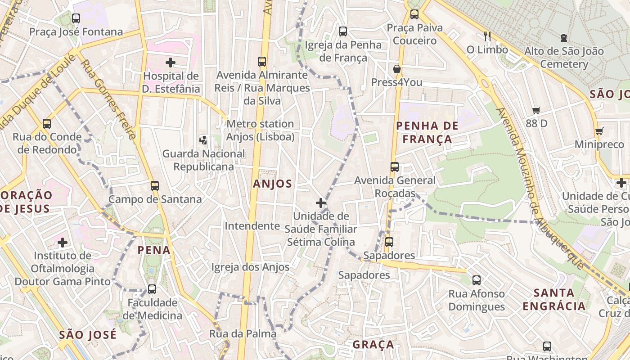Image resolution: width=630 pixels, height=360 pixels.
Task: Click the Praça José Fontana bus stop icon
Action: [x=76, y=18]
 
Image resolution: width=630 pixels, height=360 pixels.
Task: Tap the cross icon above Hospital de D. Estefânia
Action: [x=171, y=63]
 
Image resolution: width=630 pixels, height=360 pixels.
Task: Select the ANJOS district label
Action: [x=272, y=184]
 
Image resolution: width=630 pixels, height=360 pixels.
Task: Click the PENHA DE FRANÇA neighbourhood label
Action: [x=427, y=132]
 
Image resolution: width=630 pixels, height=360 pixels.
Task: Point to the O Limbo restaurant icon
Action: [x=487, y=36]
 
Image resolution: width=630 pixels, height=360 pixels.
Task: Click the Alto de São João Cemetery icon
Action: [x=564, y=38]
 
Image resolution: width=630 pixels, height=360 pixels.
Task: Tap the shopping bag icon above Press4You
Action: [x=396, y=69]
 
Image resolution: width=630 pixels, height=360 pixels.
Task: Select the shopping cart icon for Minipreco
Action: [x=599, y=131]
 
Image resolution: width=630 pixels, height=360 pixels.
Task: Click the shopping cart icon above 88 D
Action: [x=536, y=110]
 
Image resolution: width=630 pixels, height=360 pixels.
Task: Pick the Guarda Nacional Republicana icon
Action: [x=203, y=140]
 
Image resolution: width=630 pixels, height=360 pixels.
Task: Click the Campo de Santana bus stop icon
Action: [x=155, y=185]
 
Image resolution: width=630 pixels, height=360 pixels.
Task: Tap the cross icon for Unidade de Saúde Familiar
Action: [x=320, y=203]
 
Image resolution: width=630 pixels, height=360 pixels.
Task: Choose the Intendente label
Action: [x=252, y=226]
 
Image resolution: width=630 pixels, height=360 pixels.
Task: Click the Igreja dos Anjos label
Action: [x=250, y=267]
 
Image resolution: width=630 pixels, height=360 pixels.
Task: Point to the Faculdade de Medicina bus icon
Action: [x=152, y=289]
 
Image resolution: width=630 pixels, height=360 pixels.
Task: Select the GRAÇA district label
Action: [x=373, y=345]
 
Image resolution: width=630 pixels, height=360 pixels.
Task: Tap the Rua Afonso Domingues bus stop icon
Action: [x=477, y=280]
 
